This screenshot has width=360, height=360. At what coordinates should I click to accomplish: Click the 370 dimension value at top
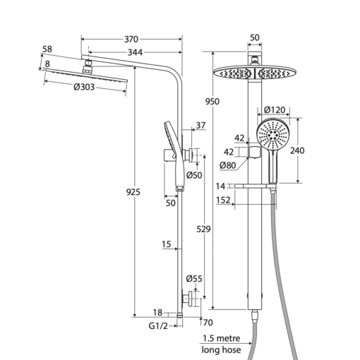[x=131, y=40]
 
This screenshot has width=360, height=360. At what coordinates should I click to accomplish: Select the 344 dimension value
[x=135, y=52]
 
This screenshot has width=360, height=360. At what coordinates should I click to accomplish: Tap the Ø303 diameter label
[x=84, y=87]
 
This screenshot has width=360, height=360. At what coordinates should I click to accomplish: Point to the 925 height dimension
[x=133, y=192]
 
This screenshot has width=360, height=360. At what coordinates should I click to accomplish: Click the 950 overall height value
[x=212, y=102]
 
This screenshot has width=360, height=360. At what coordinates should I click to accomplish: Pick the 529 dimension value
[x=203, y=229]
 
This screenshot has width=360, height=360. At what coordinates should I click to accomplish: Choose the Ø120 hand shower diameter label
[x=275, y=110]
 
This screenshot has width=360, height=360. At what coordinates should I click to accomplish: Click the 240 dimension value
[x=297, y=150]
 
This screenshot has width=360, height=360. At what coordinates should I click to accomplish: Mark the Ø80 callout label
[x=227, y=165]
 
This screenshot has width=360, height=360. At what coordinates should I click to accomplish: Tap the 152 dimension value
[x=223, y=200]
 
